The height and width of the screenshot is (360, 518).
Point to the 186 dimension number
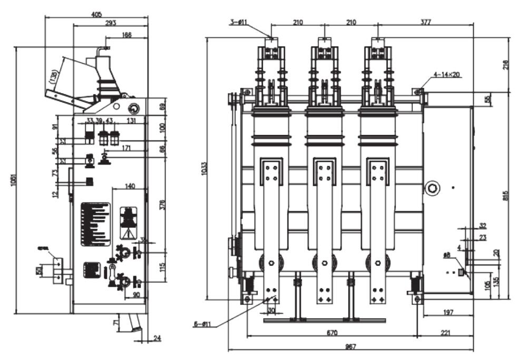point(126,35)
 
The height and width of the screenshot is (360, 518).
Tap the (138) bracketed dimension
point(53,77)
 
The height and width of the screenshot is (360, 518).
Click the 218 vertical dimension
point(507,65)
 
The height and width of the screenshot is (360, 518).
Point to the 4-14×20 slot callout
point(448,75)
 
